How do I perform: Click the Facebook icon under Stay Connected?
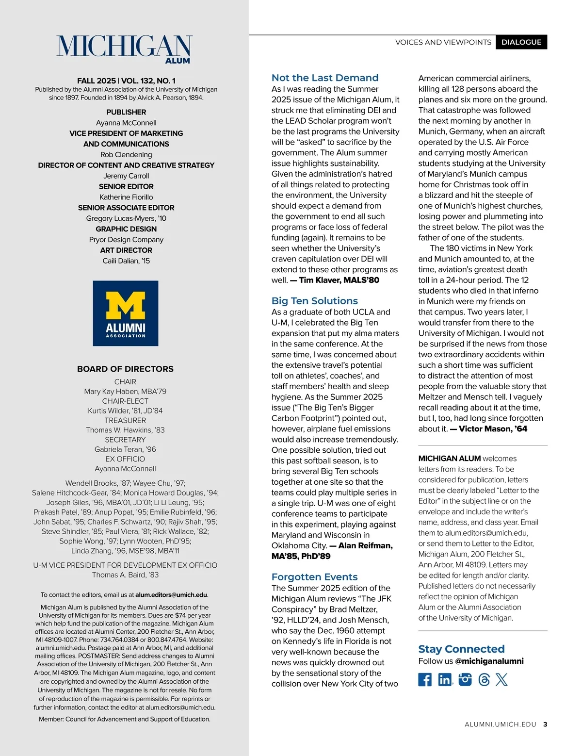pyautogui.click(x=425, y=679)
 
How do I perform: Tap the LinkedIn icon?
pyautogui.click(x=445, y=679)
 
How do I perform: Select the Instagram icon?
pyautogui.click(x=465, y=679)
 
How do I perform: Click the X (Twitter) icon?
pyautogui.click(x=502, y=679)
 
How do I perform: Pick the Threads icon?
pyautogui.click(x=484, y=679)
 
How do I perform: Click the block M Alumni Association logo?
pyautogui.click(x=126, y=313)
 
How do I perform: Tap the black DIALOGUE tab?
pyautogui.click(x=521, y=42)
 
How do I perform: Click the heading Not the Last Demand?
pyautogui.click(x=325, y=78)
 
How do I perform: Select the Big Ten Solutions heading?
pyautogui.click(x=315, y=301)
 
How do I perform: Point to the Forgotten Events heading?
pyautogui.click(x=315, y=577)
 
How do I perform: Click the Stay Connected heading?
pyautogui.click(x=461, y=649)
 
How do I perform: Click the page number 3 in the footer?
pyautogui.click(x=545, y=724)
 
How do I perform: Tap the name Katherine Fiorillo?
pyautogui.click(x=126, y=197)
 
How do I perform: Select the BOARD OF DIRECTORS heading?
pyautogui.click(x=125, y=369)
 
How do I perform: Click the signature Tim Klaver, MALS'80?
pyautogui.click(x=339, y=280)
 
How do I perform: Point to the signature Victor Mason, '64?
pyautogui.click(x=493, y=429)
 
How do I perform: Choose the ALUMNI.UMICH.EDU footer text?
pyautogui.click(x=501, y=724)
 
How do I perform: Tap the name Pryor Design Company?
pyautogui.click(x=126, y=240)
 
